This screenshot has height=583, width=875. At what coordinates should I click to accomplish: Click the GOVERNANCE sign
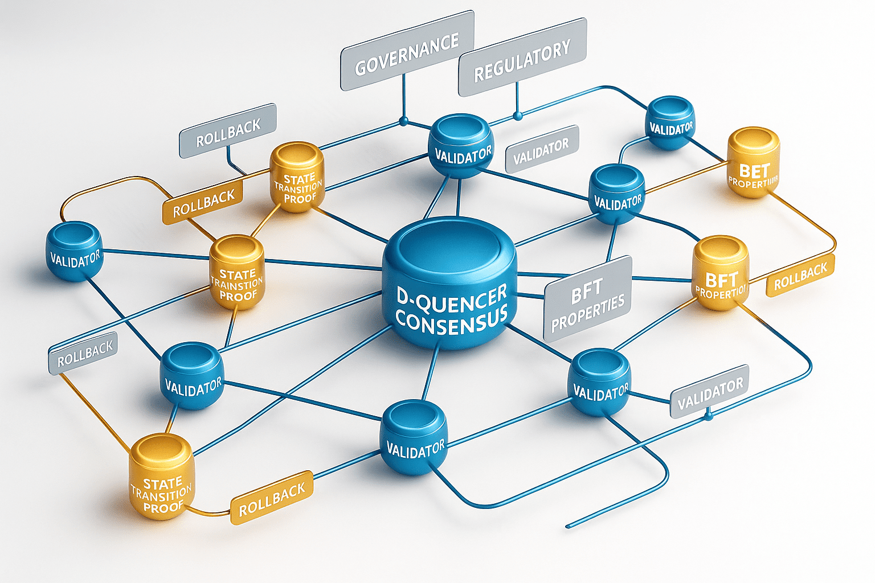pyautogui.click(x=407, y=51)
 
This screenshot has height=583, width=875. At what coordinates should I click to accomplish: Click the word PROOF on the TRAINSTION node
pyautogui.click(x=238, y=297)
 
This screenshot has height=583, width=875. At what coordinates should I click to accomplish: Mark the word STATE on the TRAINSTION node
pyautogui.click(x=237, y=274)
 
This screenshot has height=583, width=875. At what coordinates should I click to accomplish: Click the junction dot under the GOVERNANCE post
pyautogui.click(x=404, y=121)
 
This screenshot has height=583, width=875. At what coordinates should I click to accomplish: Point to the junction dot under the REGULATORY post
pyautogui.click(x=517, y=116)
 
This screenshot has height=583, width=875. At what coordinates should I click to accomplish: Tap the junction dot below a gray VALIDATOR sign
pyautogui.click(x=708, y=417)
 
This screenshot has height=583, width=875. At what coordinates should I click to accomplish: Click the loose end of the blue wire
pyautogui.click(x=568, y=526)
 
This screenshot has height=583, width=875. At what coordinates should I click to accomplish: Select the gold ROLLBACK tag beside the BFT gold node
pyautogui.click(x=800, y=276)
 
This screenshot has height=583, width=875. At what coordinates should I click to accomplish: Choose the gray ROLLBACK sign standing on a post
pyautogui.click(x=228, y=132)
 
